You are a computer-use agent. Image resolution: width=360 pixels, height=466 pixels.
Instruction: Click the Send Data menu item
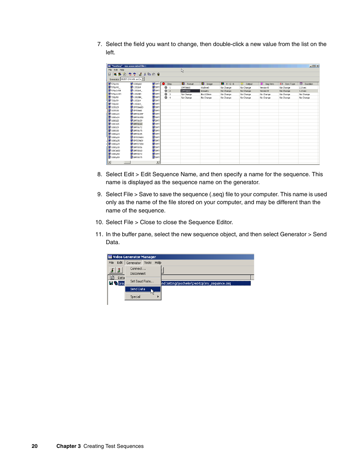point(138,289)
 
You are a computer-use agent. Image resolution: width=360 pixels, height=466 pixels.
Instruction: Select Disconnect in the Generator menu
point(138,274)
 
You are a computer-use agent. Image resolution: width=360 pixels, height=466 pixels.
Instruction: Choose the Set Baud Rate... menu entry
point(142,281)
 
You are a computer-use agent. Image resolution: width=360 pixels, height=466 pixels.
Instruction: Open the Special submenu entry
point(135,297)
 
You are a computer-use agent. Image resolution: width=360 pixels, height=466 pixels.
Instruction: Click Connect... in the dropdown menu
point(138,269)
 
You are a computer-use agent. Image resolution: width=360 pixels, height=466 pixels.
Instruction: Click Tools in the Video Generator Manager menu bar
point(148,263)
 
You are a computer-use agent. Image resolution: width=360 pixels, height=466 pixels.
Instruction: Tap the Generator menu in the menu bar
point(134,263)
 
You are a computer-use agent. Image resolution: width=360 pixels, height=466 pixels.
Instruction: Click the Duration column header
point(308,84)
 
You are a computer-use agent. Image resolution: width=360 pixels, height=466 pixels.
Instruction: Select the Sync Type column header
point(289,84)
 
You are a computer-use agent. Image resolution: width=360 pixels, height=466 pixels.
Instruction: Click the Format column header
point(190,84)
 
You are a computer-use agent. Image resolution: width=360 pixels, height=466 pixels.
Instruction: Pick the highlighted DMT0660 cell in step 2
point(186,91)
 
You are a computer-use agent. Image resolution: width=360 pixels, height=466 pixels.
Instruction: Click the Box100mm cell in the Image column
point(206,94)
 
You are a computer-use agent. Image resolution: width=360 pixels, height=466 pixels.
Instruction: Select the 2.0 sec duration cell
point(303,88)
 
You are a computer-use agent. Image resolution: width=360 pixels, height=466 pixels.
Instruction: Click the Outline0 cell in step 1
point(205,88)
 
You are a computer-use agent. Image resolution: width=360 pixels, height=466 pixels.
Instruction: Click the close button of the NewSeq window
point(317,66)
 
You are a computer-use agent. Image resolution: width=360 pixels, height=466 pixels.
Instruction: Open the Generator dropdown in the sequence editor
point(143,79)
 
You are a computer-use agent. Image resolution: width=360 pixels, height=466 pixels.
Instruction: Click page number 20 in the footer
point(35,446)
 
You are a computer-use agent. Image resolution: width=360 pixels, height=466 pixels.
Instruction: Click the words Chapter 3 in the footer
point(68,446)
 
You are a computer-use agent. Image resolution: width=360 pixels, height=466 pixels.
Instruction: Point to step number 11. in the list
point(99,234)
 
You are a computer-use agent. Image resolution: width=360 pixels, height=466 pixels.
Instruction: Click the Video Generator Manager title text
point(134,257)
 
